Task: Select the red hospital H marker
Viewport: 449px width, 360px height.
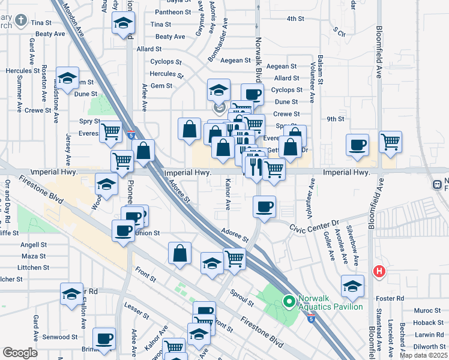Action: (x=379, y=272)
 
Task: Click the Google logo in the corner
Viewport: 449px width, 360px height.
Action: (x=20, y=353)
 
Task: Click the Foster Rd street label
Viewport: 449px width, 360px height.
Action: (x=391, y=298)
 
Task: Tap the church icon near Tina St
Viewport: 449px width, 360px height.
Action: (x=21, y=21)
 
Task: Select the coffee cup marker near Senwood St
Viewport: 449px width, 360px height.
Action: (x=104, y=338)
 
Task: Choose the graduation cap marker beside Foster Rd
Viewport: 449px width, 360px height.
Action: (x=352, y=286)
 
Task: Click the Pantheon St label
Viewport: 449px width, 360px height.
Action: (x=173, y=12)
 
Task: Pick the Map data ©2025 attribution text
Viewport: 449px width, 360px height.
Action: (x=423, y=355)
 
